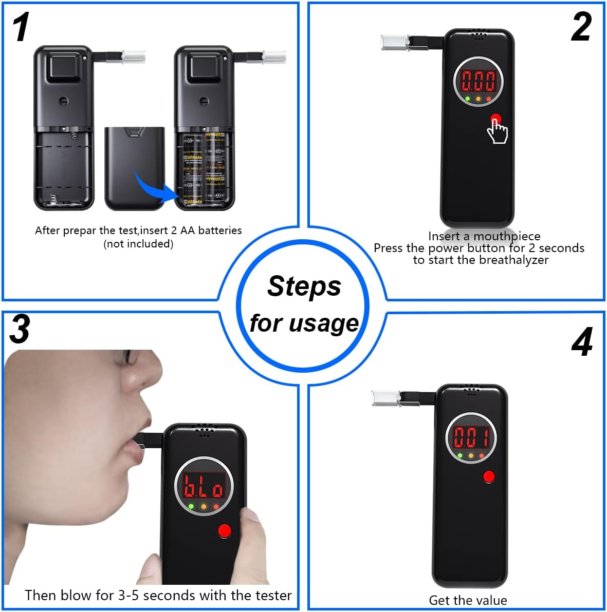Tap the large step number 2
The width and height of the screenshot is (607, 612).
[x=581, y=27]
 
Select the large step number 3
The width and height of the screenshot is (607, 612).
[x=20, y=329]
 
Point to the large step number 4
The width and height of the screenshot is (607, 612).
[x=582, y=342]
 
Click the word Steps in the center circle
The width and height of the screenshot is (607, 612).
[x=304, y=285]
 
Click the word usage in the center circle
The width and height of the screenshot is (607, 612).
[x=323, y=323]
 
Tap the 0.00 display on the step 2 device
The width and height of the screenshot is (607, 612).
[x=478, y=81]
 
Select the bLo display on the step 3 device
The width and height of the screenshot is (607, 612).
[x=204, y=486]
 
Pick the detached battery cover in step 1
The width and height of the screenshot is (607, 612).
[x=135, y=168]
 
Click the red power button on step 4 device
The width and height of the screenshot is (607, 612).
[x=489, y=477]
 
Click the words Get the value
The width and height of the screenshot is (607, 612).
[x=468, y=600]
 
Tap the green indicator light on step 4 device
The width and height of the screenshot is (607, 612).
[x=459, y=455]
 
